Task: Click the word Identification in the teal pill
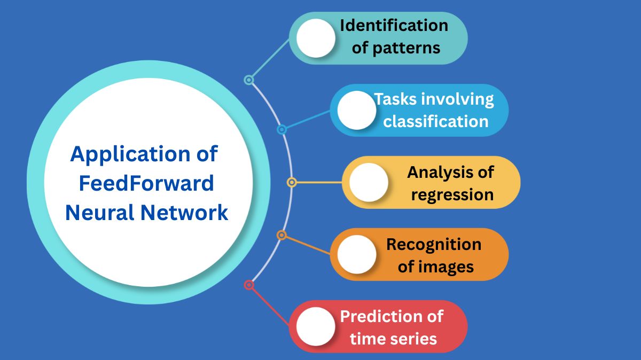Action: pos(394,26)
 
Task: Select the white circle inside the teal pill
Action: pos(316,38)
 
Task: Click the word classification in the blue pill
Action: pos(436,121)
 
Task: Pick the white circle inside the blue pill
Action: pos(357,110)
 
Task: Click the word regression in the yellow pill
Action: pos(452,194)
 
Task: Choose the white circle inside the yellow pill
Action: pos(369,182)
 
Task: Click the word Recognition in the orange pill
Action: pos(434,244)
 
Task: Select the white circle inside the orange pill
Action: pos(357,254)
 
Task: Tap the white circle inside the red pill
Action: pos(316,326)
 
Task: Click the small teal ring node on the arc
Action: pos(248,80)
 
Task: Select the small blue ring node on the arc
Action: pos(282,129)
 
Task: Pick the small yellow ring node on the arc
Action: pos(292,182)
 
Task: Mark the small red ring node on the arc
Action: pos(248,285)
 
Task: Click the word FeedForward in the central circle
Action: pos(146,184)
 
